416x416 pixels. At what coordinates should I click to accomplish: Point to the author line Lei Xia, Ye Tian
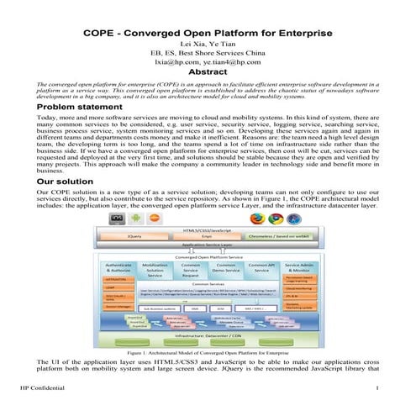click(x=208, y=42)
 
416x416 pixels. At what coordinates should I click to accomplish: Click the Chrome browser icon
click(x=275, y=219)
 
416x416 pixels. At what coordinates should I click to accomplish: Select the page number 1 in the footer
click(x=379, y=387)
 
